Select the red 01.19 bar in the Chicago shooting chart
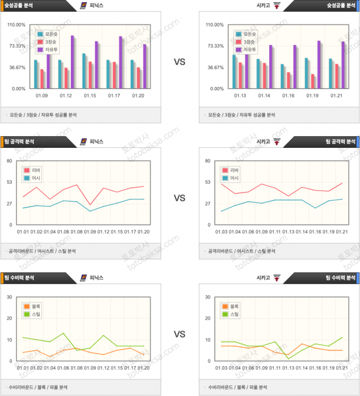(313, 81)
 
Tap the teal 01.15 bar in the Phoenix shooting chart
(84, 71)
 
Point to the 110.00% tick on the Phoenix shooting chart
(17, 25)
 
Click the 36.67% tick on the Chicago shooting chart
(214, 68)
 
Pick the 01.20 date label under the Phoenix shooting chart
(138, 96)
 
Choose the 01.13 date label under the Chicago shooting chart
(240, 96)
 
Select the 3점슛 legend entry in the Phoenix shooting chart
(52, 42)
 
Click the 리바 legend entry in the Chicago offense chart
(234, 171)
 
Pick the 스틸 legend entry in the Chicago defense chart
(234, 314)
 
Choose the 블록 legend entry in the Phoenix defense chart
(34, 306)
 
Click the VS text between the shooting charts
(179, 63)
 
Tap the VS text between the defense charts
(179, 335)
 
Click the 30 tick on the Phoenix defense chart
(9, 297)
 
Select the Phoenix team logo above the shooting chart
(83, 5)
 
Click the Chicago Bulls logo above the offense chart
(277, 141)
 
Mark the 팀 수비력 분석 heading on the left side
(19, 277)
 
